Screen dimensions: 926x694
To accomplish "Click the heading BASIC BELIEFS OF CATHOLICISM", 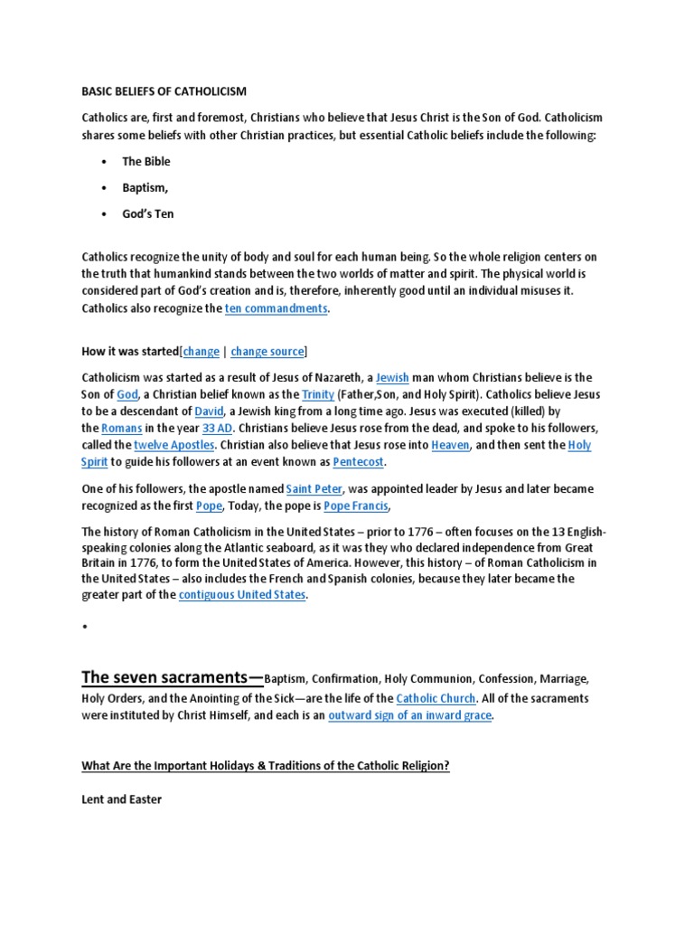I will click(x=164, y=92).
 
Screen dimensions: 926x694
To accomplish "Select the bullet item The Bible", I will click(x=146, y=161).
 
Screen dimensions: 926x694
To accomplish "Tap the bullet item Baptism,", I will click(x=145, y=187).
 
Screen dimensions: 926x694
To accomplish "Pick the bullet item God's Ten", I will click(x=148, y=214).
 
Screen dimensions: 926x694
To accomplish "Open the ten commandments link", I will click(x=276, y=308).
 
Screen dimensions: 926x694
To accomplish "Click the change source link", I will click(x=267, y=351).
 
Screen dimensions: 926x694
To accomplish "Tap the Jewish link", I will click(x=392, y=377).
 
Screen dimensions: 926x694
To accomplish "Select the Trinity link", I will click(x=318, y=394).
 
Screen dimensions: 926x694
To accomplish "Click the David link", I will click(x=210, y=411).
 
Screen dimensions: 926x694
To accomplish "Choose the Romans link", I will click(x=122, y=428).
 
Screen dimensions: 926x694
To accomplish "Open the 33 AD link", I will click(x=218, y=428).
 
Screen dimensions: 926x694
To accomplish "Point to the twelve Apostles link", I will click(x=174, y=445).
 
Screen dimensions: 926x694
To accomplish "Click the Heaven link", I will click(x=450, y=445).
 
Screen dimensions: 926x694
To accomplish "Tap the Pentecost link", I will click(x=359, y=462).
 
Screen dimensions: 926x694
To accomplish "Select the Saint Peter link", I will click(x=314, y=488).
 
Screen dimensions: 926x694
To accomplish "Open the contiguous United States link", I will click(x=243, y=595).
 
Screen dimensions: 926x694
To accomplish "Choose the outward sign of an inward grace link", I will click(x=409, y=715).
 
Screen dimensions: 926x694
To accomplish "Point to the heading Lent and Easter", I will click(x=122, y=799).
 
